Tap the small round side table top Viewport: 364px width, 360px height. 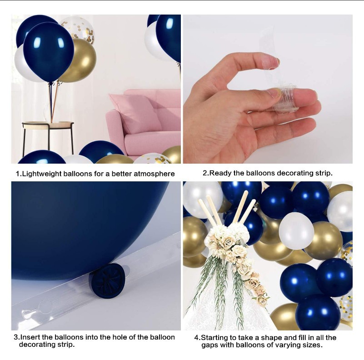coord(48,124)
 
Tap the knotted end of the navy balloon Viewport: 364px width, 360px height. coord(109,280)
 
